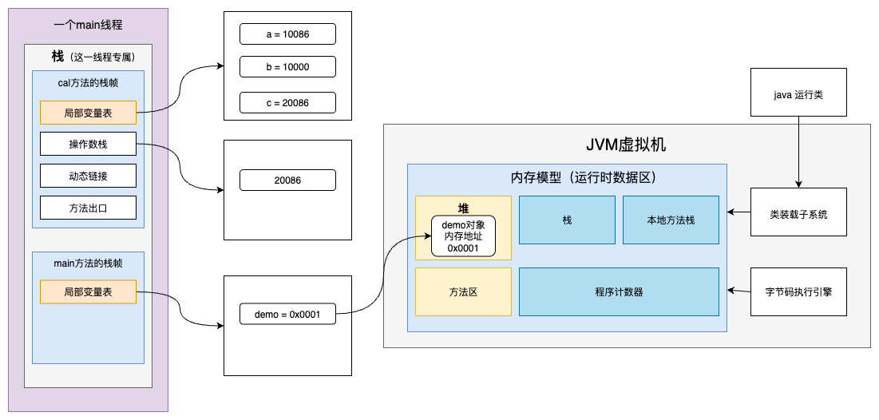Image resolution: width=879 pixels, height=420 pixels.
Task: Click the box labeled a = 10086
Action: pos(287,34)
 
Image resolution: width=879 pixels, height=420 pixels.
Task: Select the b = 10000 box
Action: pos(287,67)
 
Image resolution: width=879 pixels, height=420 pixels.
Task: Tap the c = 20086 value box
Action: pos(287,103)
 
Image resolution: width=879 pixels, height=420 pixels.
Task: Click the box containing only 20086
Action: pos(287,180)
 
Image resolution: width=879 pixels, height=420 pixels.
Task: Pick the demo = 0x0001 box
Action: pos(287,315)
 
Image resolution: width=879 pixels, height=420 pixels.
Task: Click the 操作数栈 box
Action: pos(88,145)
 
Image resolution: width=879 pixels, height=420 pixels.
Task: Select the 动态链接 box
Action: pos(88,176)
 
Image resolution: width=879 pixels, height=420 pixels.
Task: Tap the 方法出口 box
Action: pos(88,208)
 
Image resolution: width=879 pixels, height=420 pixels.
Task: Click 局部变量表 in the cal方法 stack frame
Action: pos(88,113)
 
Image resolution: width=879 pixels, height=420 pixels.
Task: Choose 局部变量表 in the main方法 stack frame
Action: pos(88,292)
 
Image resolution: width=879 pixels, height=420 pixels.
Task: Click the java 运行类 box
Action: pos(798,93)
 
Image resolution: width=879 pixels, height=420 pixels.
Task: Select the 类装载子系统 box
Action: pos(798,214)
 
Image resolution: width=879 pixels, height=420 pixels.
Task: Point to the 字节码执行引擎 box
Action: pos(798,291)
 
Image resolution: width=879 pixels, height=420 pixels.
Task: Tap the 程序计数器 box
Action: pos(619,291)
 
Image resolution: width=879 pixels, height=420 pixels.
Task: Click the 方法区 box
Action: pos(463,291)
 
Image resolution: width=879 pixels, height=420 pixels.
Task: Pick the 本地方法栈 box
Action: pos(671,220)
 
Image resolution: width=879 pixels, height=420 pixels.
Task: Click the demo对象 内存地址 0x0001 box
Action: pos(463,236)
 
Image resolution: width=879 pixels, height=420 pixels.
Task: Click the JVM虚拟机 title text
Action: pos(626,145)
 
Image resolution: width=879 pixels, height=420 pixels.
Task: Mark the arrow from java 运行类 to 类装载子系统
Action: pos(798,156)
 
